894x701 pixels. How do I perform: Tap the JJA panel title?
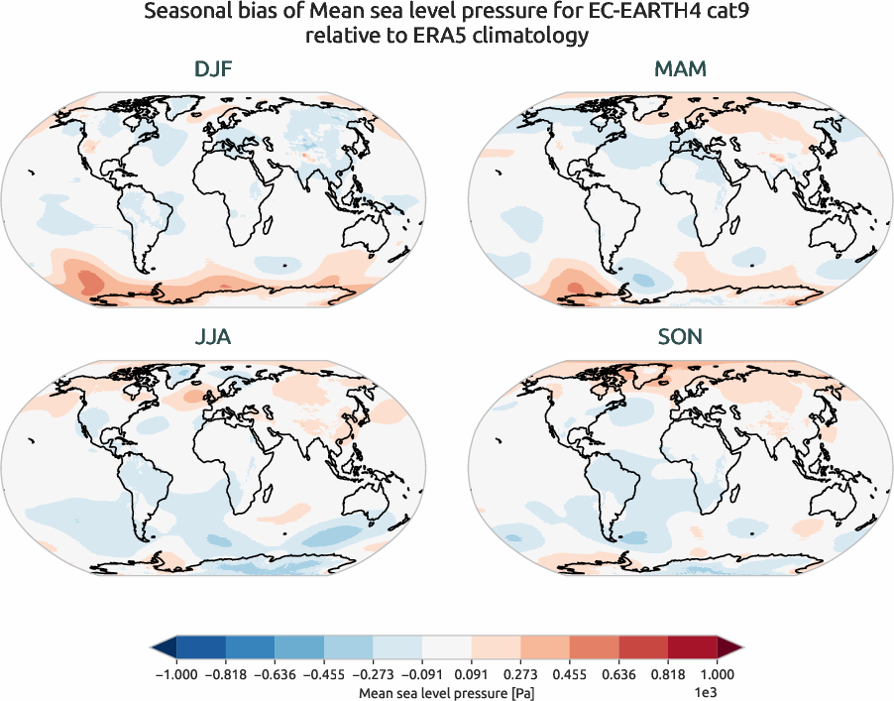click(x=213, y=337)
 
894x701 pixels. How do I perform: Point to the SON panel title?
click(x=680, y=337)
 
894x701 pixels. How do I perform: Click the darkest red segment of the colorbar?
click(x=692, y=648)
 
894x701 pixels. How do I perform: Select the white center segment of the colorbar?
click(x=446, y=648)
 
